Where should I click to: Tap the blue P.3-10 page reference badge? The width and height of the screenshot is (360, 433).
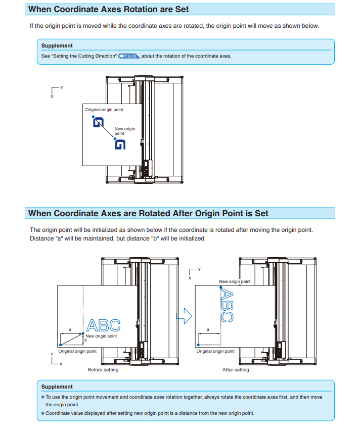tap(128, 56)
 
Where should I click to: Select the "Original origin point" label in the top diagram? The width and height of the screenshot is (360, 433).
tap(104, 110)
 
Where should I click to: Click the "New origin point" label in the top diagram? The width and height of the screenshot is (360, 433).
tap(124, 131)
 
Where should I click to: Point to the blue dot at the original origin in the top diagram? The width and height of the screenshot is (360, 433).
tap(94, 117)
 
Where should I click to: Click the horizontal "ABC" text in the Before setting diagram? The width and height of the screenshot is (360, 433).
tap(104, 325)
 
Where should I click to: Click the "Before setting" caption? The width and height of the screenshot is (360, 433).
tap(103, 370)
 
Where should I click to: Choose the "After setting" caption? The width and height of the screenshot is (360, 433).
tap(236, 370)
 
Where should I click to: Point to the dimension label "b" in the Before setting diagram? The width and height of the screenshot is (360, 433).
tap(85, 340)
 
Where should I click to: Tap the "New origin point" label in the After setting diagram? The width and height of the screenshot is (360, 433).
tap(235, 281)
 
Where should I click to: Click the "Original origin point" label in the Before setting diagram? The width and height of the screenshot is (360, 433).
tap(77, 351)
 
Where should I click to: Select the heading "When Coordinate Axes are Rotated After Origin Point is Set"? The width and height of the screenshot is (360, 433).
tap(148, 214)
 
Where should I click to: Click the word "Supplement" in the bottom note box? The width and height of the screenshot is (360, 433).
tap(57, 387)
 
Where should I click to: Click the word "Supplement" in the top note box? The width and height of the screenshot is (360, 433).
tap(57, 46)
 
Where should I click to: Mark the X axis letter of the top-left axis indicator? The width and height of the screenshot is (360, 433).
tap(52, 97)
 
